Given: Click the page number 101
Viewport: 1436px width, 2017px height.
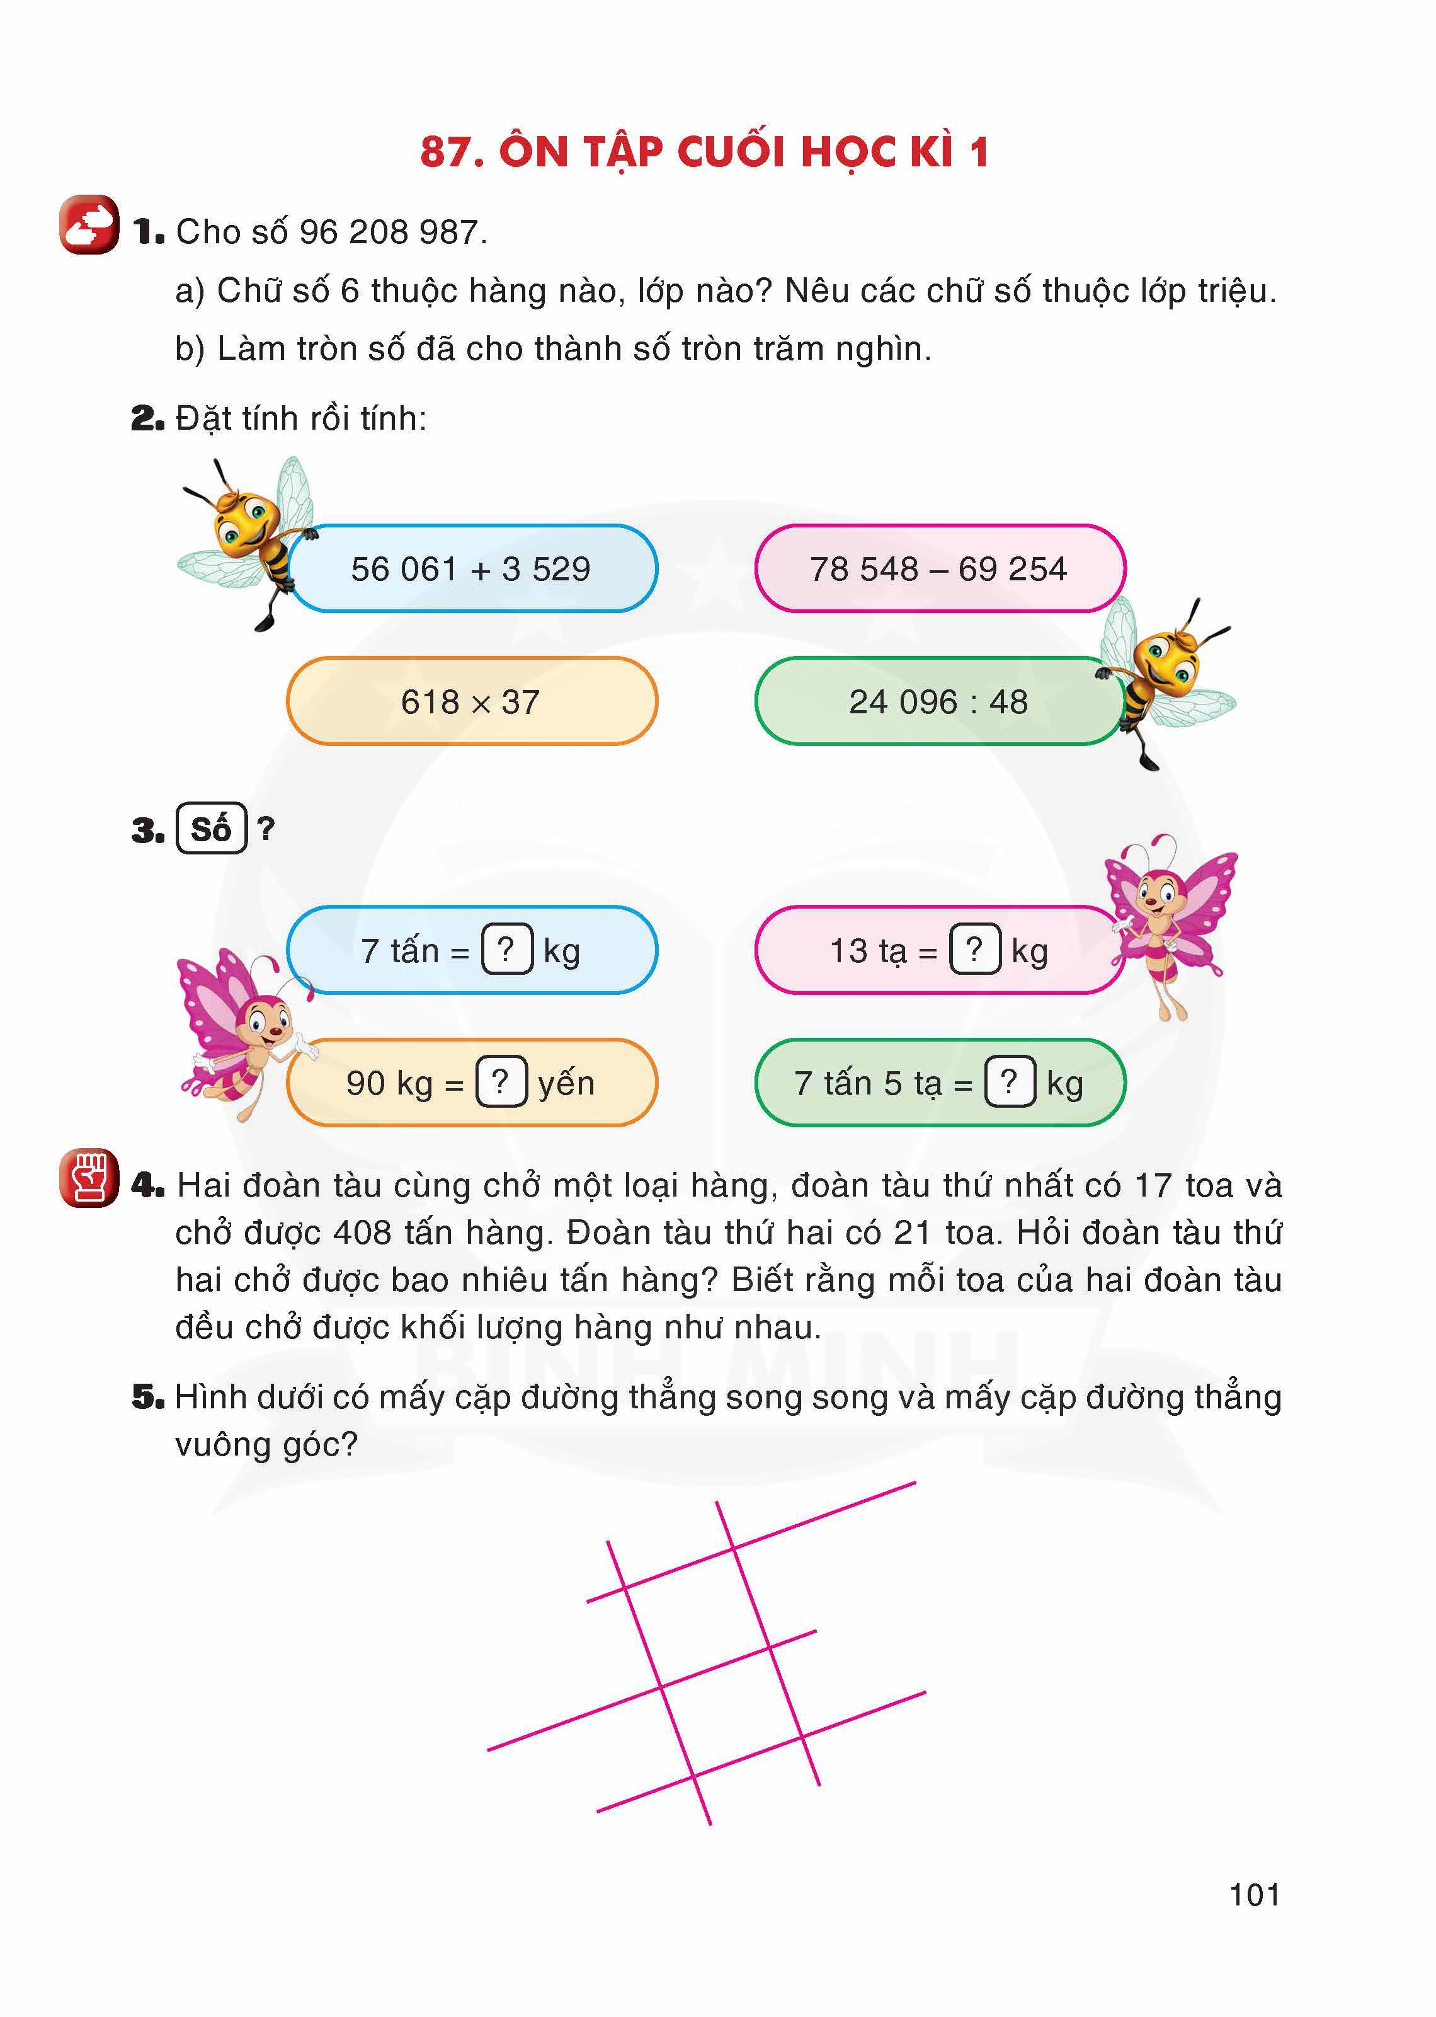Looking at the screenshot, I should coord(1254,1895).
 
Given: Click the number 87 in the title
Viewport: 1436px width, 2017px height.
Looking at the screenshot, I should coord(444,152).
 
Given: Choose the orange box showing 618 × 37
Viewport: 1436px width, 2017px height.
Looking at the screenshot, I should coord(471,701).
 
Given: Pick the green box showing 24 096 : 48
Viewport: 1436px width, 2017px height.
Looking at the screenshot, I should coord(938,701).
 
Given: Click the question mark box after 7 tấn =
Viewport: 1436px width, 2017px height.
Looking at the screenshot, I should coord(506,949).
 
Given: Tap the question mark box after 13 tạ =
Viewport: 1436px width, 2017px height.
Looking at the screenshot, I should coord(974,949).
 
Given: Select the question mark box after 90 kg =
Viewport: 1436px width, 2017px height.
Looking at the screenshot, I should coord(501,1082).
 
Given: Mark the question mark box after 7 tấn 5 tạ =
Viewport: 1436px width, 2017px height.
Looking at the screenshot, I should coord(1010,1082).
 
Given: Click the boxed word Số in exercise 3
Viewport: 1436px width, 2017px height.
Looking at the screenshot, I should coord(212,829).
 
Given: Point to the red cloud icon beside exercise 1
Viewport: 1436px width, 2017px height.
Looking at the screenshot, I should coord(88,225).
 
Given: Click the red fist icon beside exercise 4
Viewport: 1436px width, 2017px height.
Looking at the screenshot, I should coord(88,1178).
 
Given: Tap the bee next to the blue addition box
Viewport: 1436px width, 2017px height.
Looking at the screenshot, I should coord(248,539).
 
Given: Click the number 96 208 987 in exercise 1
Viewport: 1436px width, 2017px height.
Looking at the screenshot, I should coord(389,233).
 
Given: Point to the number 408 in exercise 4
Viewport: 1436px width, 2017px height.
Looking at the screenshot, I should coord(362,1233).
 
